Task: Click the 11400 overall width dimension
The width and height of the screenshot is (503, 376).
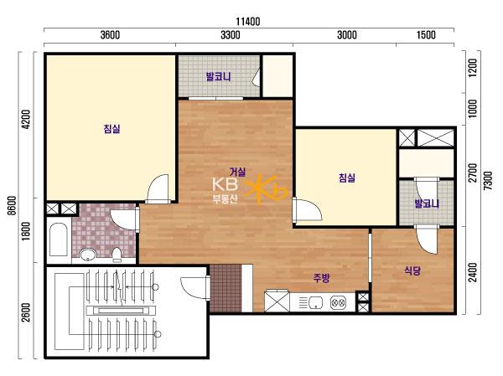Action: pos(248,22)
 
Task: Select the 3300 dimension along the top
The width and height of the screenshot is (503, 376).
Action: pos(231,34)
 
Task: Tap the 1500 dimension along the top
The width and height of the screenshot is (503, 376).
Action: pos(426,34)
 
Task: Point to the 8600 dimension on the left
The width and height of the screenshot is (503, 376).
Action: pos(12,206)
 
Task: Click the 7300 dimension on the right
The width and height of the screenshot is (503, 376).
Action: pos(488,181)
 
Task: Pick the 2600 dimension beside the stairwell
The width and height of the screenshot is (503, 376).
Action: pos(26,312)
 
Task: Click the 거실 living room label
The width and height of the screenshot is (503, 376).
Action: pos(238,172)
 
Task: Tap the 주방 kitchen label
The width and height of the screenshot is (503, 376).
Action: pos(321,278)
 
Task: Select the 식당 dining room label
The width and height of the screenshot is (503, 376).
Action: pos(412,271)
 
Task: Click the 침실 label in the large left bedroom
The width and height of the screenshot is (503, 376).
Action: pos(111,129)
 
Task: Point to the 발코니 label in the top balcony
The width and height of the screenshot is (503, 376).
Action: pos(218,77)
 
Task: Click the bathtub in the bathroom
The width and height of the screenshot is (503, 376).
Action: pos(59,240)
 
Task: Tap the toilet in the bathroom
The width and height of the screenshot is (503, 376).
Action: pos(117,255)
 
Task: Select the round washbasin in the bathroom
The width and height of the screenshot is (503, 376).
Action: pos(87,255)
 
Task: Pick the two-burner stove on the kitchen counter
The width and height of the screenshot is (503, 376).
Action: pos(338,302)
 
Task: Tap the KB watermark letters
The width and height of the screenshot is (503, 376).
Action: pos(226,184)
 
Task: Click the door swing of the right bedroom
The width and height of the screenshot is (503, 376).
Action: pos(308,209)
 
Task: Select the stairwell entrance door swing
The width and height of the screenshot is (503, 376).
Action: pos(194,288)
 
